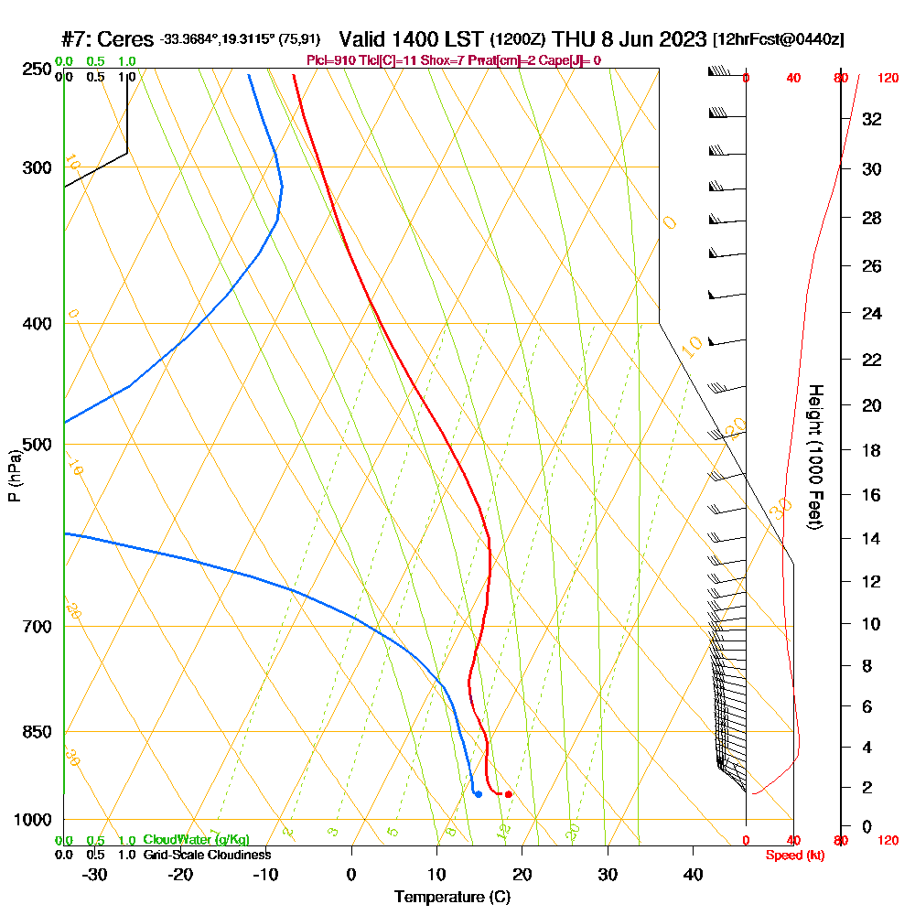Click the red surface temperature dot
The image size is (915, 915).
(x=508, y=794)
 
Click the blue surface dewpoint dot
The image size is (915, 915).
(x=478, y=793)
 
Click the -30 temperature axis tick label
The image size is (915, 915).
(x=95, y=875)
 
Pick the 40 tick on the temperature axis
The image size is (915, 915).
(x=694, y=875)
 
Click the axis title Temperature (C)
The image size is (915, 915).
(x=452, y=897)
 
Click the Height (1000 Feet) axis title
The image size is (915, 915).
(x=813, y=456)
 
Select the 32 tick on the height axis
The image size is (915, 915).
(x=873, y=119)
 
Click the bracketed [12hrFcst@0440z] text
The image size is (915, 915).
(x=778, y=40)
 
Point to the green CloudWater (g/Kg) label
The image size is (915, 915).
(x=196, y=840)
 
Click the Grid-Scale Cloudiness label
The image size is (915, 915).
(x=207, y=855)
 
